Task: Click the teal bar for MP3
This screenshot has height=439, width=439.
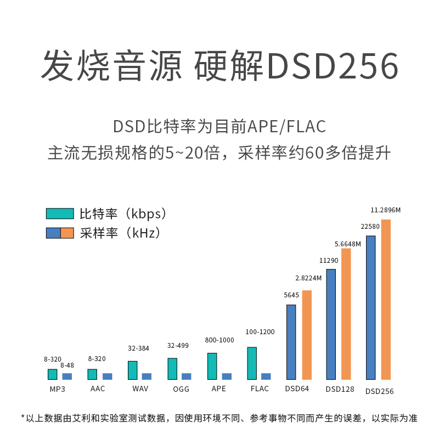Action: tap(53, 374)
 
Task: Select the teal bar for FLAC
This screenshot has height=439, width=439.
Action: tap(252, 363)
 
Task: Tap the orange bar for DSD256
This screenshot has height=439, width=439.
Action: tap(386, 299)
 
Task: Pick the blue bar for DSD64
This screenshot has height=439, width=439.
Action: tap(291, 342)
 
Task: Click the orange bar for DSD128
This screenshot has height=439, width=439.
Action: tap(346, 314)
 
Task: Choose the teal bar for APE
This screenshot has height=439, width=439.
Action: tap(212, 366)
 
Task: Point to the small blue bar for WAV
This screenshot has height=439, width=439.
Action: tap(147, 376)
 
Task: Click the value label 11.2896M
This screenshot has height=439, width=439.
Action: tap(386, 210)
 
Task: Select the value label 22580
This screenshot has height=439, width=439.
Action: tap(370, 227)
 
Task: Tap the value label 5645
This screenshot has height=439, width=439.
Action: tap(291, 295)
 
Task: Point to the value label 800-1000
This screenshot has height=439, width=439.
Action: tap(219, 340)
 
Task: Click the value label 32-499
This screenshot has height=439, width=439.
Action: tap(178, 346)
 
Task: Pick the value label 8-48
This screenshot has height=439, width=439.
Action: tap(67, 365)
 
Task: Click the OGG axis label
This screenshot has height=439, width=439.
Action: tap(182, 389)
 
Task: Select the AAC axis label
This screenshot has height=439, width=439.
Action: tap(98, 389)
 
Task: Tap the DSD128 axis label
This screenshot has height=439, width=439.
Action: tap(340, 390)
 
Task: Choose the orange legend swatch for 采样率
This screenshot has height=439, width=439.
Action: tap(67, 233)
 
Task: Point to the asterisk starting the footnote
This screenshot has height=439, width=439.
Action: tap(23, 417)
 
